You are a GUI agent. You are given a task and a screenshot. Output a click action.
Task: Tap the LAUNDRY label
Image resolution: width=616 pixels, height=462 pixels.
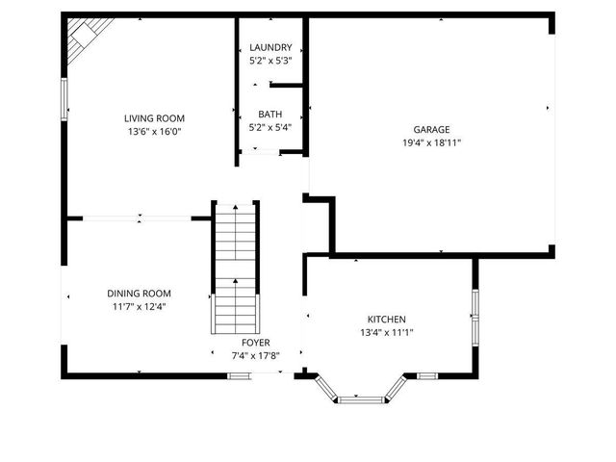click(x=269, y=47)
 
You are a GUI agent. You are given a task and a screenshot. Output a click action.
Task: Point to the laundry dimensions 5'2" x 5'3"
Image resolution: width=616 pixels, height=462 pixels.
click(x=269, y=60)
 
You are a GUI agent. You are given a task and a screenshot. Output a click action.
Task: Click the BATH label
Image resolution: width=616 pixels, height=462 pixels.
click(x=269, y=114)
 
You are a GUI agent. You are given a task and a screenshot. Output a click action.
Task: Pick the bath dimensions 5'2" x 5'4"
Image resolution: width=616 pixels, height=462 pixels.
click(x=269, y=126)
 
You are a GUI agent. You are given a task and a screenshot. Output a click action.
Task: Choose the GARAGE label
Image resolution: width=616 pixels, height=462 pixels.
click(x=431, y=129)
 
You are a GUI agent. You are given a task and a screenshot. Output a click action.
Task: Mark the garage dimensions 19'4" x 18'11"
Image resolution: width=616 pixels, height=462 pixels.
click(x=431, y=142)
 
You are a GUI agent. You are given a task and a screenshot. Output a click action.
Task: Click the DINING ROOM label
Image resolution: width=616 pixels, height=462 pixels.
click(x=139, y=294)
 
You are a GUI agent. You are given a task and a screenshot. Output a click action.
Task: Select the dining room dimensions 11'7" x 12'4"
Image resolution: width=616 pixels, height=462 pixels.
click(x=139, y=307)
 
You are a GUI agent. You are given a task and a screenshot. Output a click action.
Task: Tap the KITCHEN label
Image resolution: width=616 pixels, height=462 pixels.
click(x=386, y=320)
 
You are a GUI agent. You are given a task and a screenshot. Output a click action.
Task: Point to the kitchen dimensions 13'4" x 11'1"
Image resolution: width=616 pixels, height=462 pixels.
click(x=386, y=333)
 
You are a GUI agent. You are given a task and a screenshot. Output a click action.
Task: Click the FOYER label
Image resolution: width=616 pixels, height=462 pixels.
click(x=255, y=343)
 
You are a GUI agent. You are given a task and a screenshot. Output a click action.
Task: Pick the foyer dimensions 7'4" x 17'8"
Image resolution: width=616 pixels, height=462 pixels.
click(x=255, y=355)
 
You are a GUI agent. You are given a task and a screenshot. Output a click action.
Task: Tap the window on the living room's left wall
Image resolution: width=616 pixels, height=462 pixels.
click(x=64, y=99)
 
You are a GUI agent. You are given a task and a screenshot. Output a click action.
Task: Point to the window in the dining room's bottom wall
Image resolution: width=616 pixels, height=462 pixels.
click(x=238, y=375)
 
